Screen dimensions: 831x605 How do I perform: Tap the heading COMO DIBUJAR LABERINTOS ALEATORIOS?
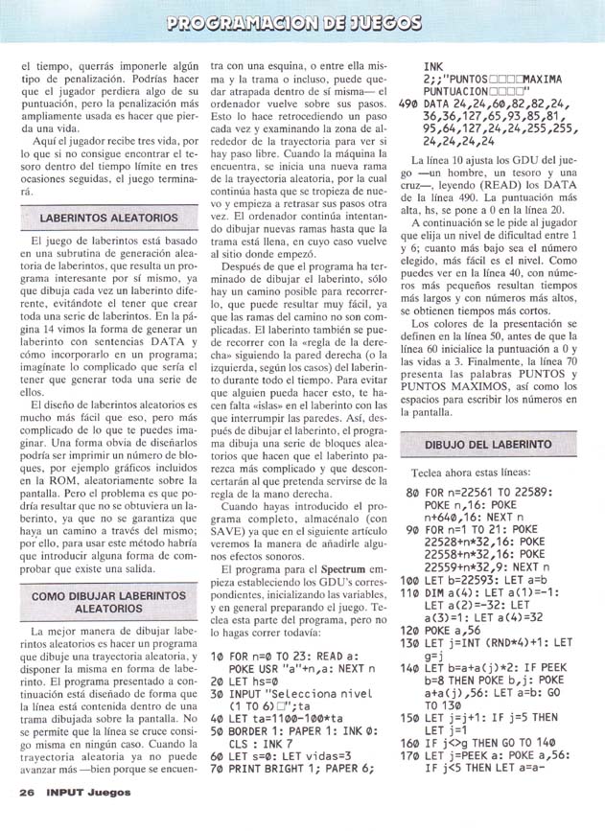(x=108, y=601)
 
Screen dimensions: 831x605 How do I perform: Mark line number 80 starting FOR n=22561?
(x=412, y=493)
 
